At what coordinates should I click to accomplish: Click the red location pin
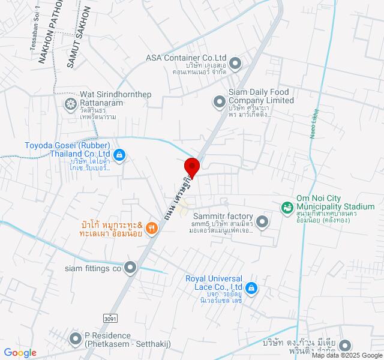pos(191,166)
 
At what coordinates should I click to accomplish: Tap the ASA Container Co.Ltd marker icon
pos(235,62)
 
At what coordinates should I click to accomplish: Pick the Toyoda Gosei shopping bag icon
pos(119,155)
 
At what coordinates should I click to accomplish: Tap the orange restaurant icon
pos(151,228)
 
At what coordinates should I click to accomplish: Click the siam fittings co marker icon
pos(130,268)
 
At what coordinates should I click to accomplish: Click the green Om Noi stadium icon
pos(287,207)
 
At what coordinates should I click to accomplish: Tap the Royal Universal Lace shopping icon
pos(253,288)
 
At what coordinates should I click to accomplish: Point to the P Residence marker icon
pos(76,340)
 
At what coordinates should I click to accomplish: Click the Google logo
pos(20,353)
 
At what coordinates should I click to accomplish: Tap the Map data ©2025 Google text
pos(347,355)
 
